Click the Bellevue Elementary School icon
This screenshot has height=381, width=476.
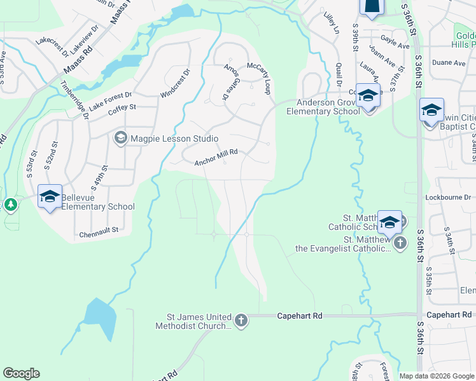[x=50, y=196]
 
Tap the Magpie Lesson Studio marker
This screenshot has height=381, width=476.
[x=120, y=138]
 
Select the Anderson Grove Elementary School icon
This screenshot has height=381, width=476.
[x=368, y=96]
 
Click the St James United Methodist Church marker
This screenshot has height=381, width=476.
[x=241, y=321]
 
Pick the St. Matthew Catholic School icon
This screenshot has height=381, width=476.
[x=389, y=222]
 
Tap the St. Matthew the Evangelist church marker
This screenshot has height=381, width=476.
[x=400, y=244]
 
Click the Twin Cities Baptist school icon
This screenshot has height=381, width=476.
[x=431, y=110]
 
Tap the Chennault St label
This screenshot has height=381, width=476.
[x=99, y=234]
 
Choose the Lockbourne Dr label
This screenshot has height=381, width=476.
[x=449, y=197]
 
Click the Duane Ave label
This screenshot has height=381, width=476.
[x=449, y=63]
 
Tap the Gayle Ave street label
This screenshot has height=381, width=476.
[x=395, y=44]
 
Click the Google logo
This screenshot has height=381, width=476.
[x=21, y=373]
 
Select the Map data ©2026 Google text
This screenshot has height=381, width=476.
[x=436, y=376]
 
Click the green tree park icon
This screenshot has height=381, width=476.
[x=10, y=205]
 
